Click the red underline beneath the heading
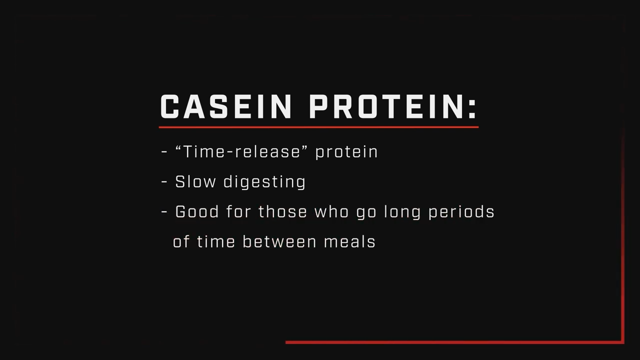click(318, 127)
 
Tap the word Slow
click(195, 181)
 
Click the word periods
click(461, 212)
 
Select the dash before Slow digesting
click(164, 182)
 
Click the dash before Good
click(164, 212)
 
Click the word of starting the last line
click(181, 241)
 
